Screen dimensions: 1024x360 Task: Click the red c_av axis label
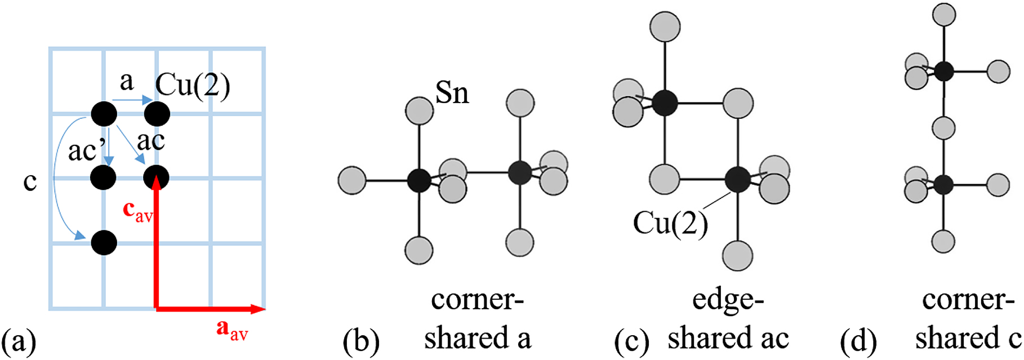click(x=138, y=212)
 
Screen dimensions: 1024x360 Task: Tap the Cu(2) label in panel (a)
click(x=193, y=86)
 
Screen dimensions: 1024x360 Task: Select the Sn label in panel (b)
click(x=452, y=92)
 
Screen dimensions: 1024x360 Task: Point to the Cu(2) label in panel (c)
click(x=670, y=224)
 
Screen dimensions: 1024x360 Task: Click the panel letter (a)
click(x=19, y=340)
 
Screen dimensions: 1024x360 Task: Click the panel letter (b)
click(x=361, y=340)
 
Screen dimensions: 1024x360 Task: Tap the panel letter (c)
click(x=631, y=340)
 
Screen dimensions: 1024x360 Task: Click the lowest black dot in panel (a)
click(x=104, y=243)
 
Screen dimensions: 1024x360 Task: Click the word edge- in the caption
click(x=728, y=301)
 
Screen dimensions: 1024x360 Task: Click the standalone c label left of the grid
click(x=30, y=181)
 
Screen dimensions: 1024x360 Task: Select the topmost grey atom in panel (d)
click(x=943, y=15)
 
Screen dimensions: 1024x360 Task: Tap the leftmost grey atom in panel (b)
click(x=352, y=180)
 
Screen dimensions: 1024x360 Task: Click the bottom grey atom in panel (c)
click(x=737, y=256)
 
